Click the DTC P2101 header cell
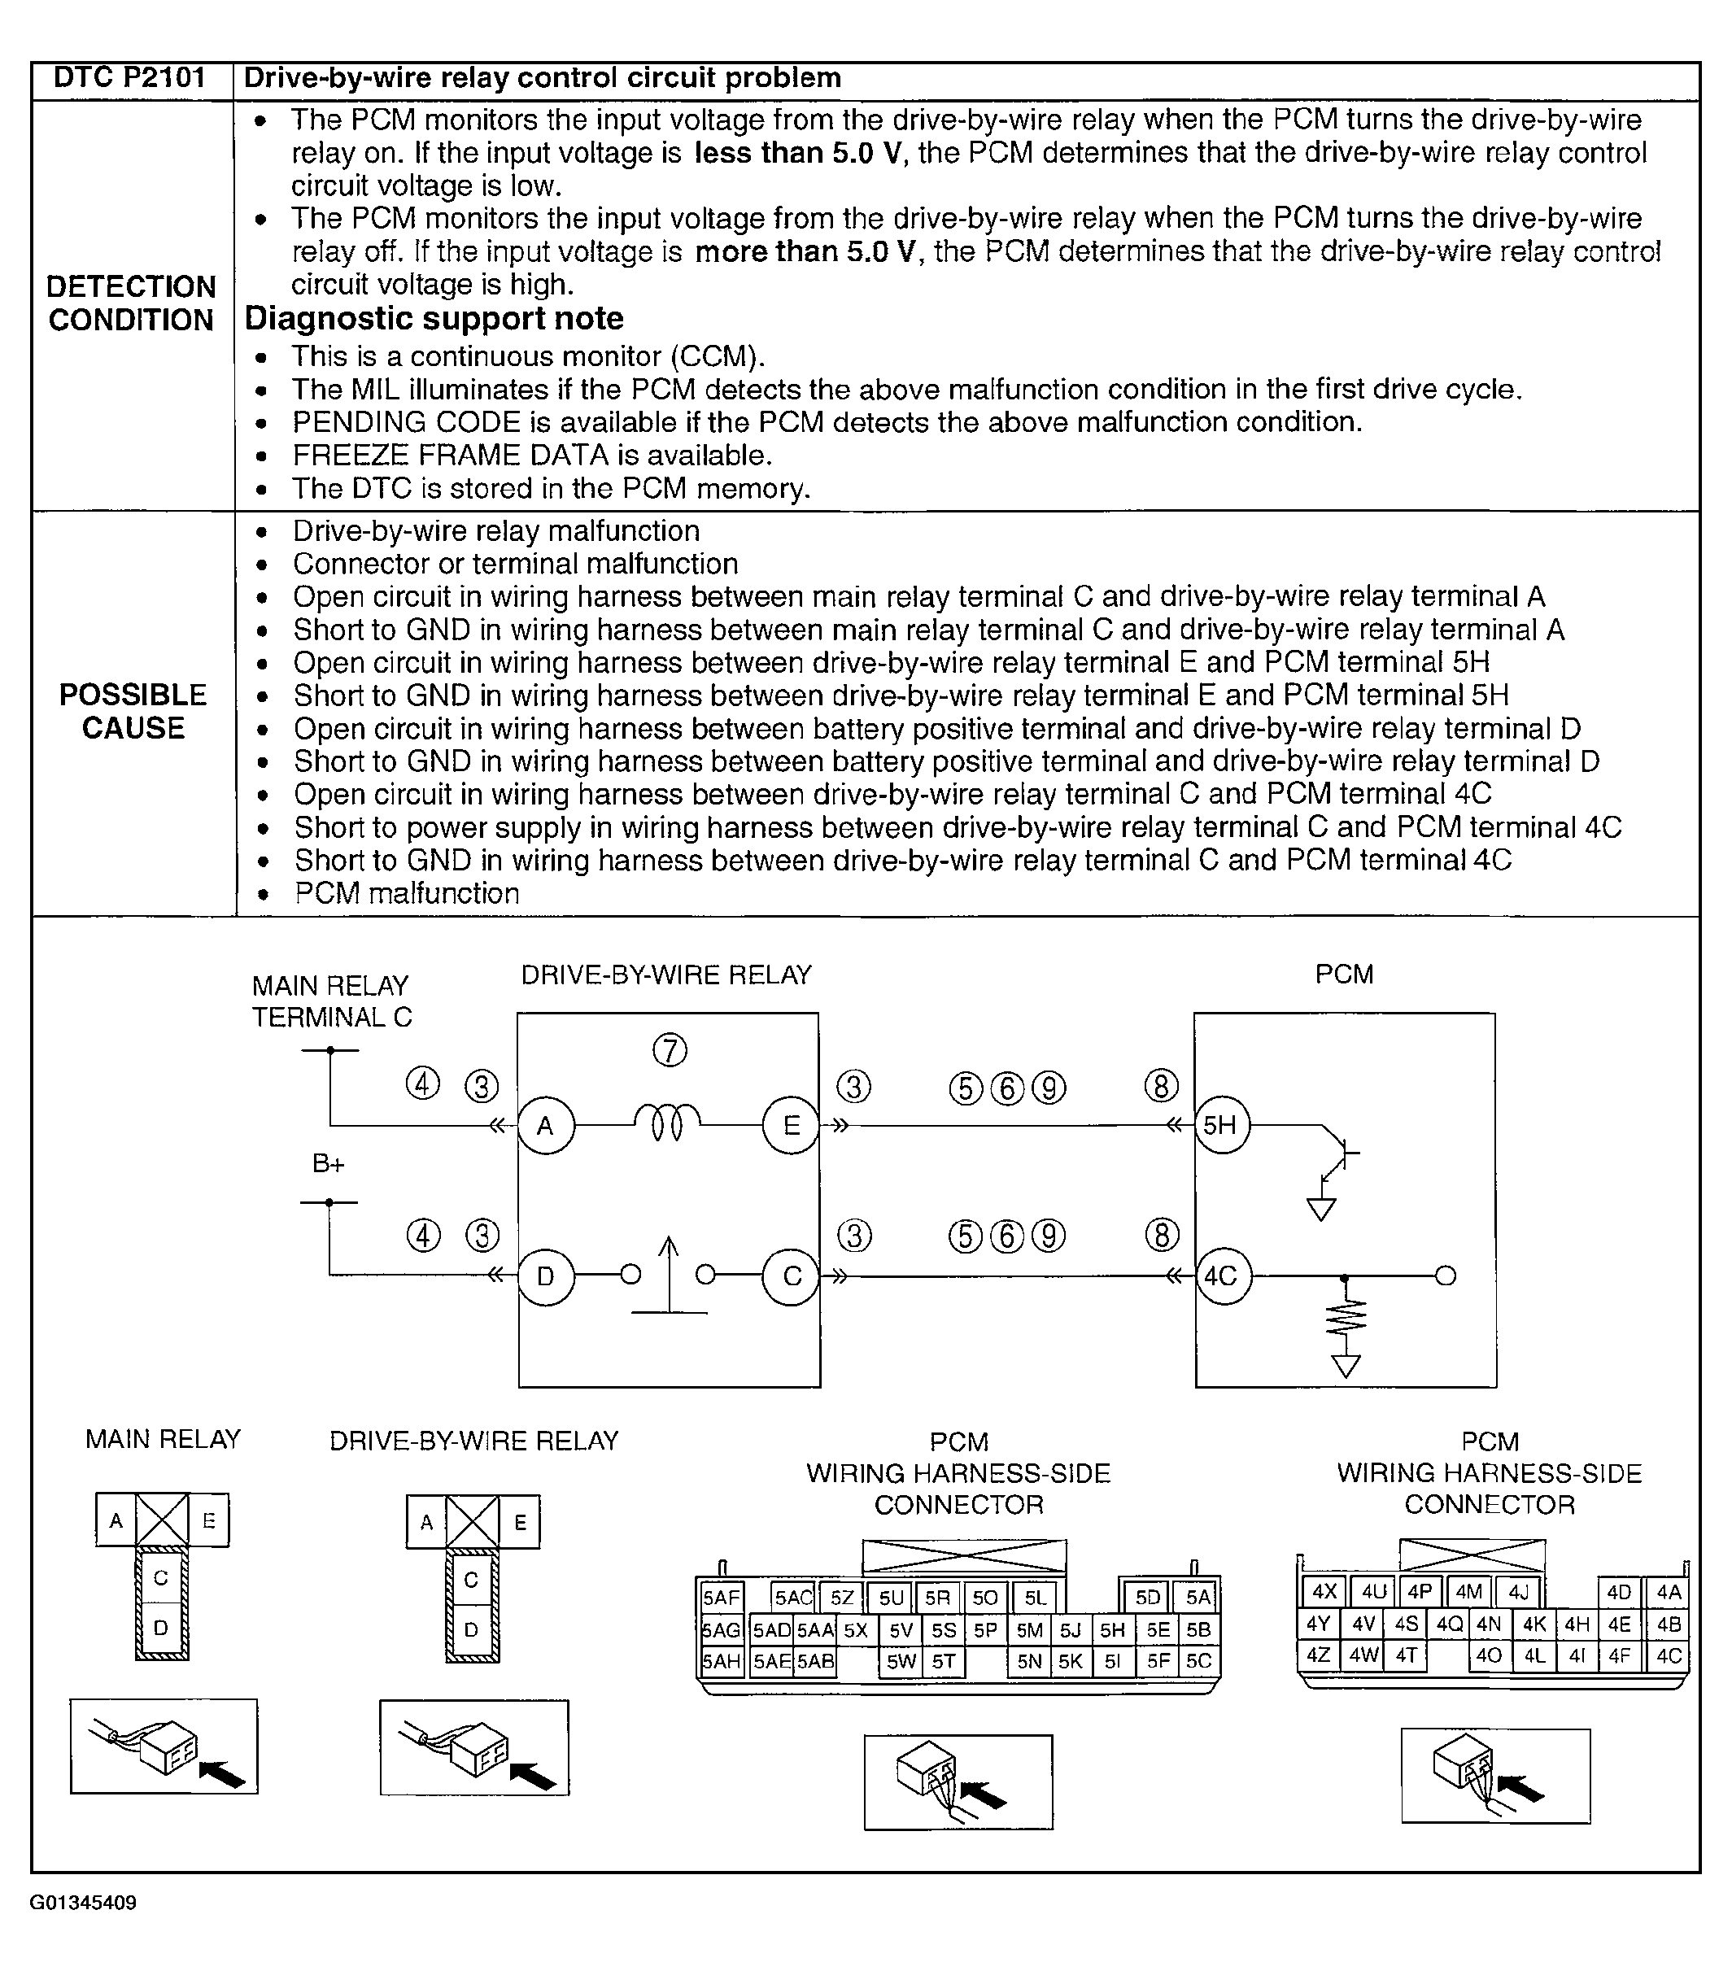tap(130, 78)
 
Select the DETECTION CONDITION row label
tap(131, 303)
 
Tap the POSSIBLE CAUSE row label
tap(133, 711)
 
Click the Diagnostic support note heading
tap(433, 318)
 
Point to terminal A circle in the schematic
tap(546, 1125)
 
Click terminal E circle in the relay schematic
tap(791, 1125)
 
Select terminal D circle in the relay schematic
tap(546, 1276)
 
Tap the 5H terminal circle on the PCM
tap(1221, 1125)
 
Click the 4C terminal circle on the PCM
tap(1222, 1276)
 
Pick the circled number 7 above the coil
tap(670, 1050)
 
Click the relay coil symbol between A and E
tap(667, 1123)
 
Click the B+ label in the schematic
tap(328, 1164)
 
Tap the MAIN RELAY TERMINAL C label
tap(331, 1001)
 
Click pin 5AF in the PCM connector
tap(721, 1598)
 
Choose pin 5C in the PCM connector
tap(1198, 1660)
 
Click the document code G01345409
tap(83, 1903)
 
